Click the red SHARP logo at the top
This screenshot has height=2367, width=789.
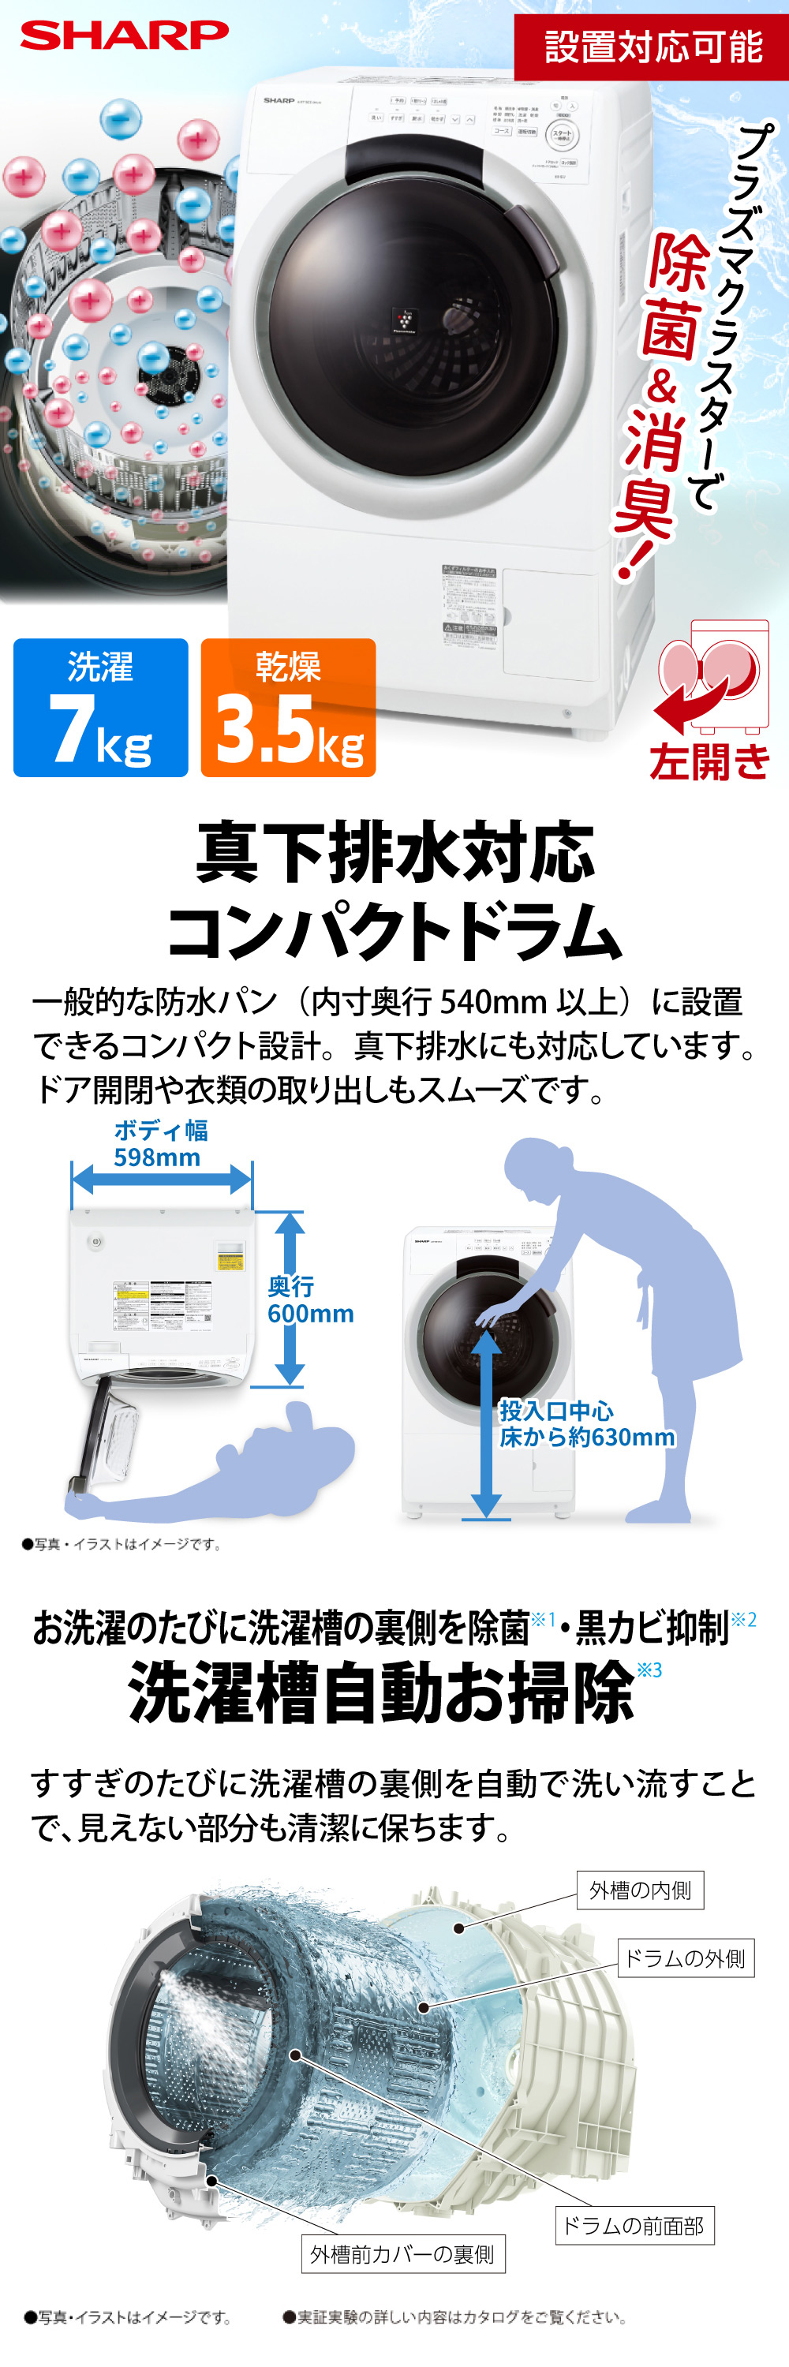point(124,35)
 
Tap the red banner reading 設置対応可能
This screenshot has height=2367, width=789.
point(651,46)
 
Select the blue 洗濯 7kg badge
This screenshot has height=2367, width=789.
point(100,708)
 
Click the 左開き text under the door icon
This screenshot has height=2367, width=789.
point(709,761)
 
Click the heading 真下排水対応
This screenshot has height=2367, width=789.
point(395,853)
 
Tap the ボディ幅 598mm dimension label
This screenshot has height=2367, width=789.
point(160,1144)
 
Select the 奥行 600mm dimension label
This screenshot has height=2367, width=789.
point(309,1300)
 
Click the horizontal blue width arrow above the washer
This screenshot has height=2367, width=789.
point(162,1179)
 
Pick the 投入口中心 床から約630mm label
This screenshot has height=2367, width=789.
point(586,1424)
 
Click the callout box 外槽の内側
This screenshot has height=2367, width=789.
point(640,1890)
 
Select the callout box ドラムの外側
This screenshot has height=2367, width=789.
point(684,1958)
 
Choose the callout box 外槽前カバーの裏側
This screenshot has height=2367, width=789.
point(402,2254)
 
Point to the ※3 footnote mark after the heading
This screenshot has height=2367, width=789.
point(649,1670)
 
